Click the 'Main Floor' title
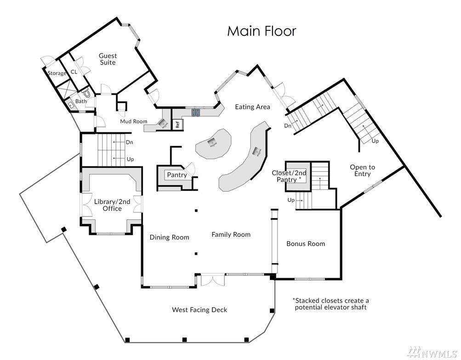pos(262,31)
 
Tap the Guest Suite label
pos(108,59)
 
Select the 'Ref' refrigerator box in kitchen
pos(177,125)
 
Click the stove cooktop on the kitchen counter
pos(196,112)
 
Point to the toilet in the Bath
pos(86,93)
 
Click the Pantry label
pos(176,175)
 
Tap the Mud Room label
pos(133,121)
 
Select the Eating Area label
pos(252,107)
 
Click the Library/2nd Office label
pos(112,205)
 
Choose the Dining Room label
pos(169,237)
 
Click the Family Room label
pos(231,234)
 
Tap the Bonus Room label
pos(306,244)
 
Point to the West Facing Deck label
pos(199,310)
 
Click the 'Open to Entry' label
pos(362,170)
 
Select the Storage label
pos(57,73)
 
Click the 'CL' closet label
pos(74,72)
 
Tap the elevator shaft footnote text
pos(330,304)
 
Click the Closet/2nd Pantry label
pos(289,176)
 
